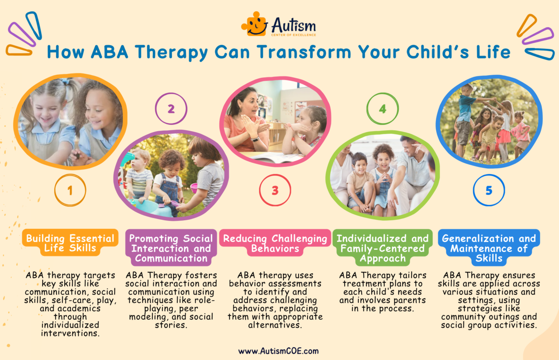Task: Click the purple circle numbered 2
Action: [171, 108]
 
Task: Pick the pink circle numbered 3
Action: [275, 190]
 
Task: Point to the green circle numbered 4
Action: [383, 108]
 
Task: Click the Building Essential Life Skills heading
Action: [70, 243]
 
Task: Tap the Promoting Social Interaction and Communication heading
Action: [171, 248]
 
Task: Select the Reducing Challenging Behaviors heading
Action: [275, 243]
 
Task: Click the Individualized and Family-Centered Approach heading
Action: [383, 248]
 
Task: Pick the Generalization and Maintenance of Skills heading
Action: [489, 248]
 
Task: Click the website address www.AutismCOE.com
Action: [278, 351]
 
